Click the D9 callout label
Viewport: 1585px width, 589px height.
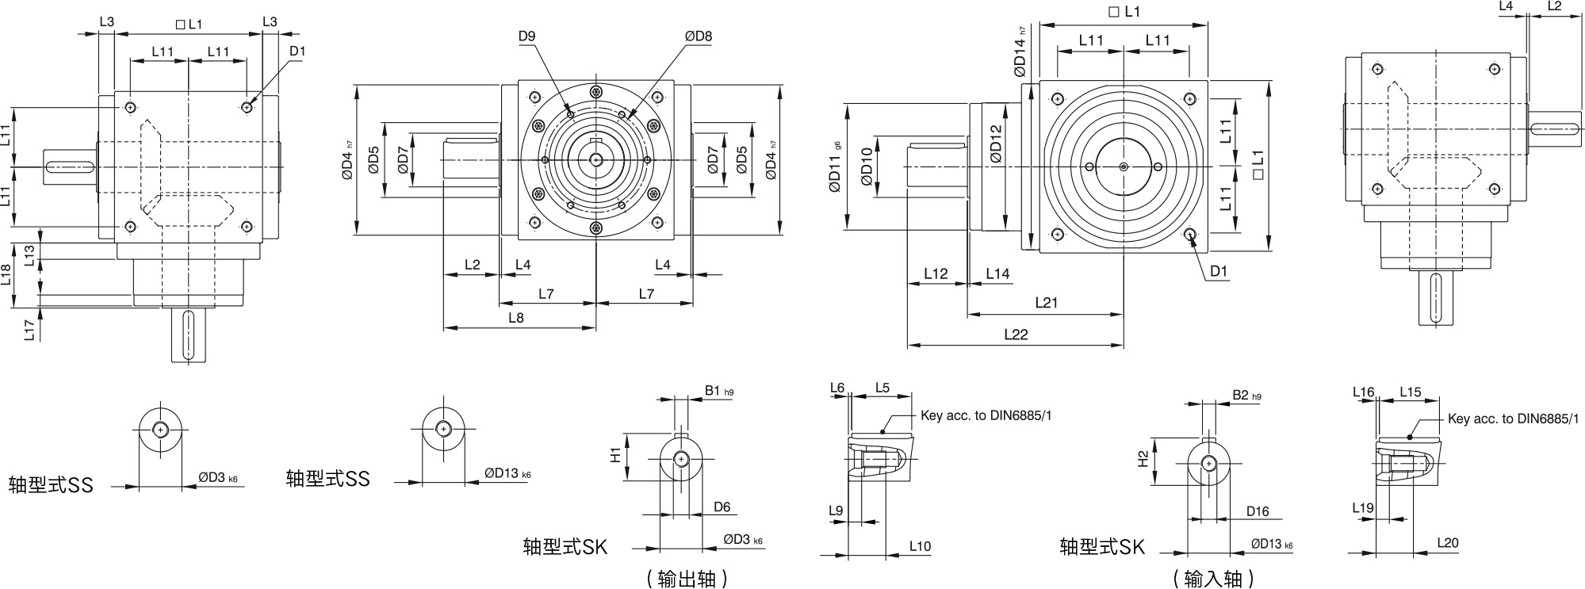[527, 36]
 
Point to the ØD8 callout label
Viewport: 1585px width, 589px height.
[699, 36]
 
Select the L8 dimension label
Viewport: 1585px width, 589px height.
[515, 318]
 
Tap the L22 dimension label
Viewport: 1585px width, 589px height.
[1015, 335]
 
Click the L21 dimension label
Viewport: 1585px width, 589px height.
[1046, 303]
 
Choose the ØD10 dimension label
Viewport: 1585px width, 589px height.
[867, 167]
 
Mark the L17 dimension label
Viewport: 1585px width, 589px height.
[29, 330]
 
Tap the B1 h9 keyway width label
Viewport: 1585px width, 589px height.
[718, 391]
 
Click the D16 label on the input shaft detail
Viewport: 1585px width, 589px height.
[1258, 511]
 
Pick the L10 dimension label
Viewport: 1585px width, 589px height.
[920, 546]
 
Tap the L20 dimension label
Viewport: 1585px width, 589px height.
[1447, 543]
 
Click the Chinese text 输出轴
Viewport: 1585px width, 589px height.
[687, 579]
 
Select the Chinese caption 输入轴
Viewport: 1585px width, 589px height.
[1213, 579]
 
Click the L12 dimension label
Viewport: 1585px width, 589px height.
[936, 273]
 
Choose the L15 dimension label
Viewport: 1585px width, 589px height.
[1411, 392]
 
